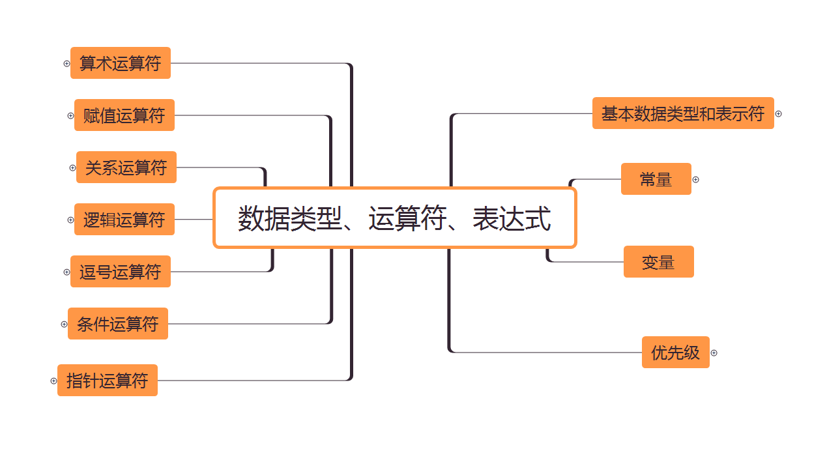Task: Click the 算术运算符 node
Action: click(121, 63)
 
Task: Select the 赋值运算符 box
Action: click(124, 115)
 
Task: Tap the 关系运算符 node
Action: click(126, 167)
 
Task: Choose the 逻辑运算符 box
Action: click(124, 220)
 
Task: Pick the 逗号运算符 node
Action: click(121, 272)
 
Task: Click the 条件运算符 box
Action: click(118, 324)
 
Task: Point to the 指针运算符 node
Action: click(108, 381)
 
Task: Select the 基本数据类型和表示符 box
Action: click(683, 113)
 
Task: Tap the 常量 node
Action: click(656, 179)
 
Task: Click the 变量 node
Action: click(658, 262)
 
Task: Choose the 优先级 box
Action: click(675, 353)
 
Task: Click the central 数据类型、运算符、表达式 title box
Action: click(394, 218)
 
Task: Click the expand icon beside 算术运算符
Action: click(66, 63)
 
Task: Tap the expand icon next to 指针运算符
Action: click(53, 381)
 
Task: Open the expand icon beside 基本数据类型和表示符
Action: click(778, 114)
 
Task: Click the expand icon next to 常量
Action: click(695, 179)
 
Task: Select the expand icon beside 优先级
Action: click(714, 353)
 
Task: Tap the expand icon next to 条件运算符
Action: click(64, 324)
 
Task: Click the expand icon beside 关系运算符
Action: click(72, 167)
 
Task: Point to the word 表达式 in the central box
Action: click(512, 218)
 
